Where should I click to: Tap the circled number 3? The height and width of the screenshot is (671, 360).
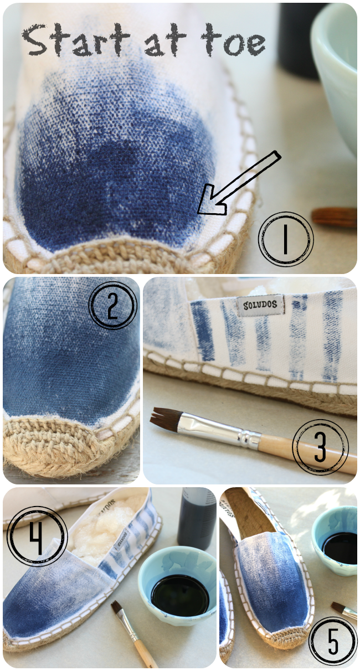pyautogui.click(x=320, y=447)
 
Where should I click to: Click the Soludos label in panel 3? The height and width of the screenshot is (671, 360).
pyautogui.click(x=260, y=305)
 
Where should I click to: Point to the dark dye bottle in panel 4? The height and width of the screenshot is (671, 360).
pyautogui.click(x=196, y=518)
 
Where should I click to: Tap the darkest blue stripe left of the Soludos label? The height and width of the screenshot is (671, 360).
pyautogui.click(x=203, y=331)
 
